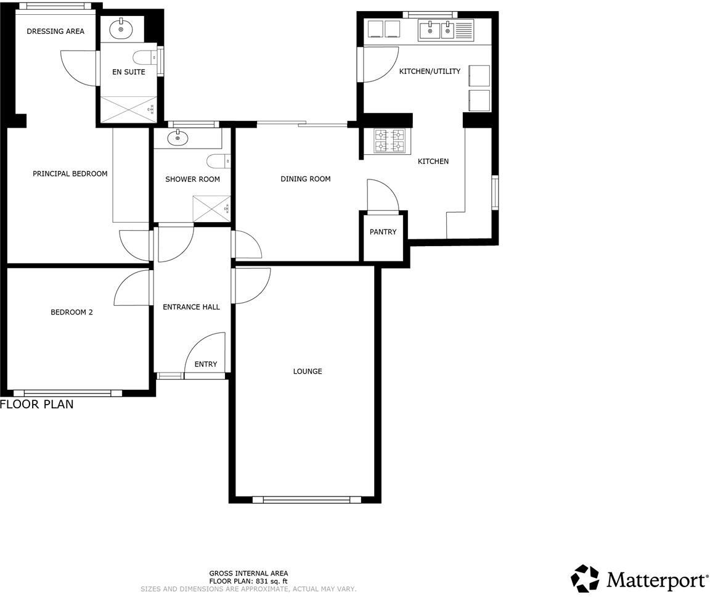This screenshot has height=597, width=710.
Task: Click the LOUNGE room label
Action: (307, 371)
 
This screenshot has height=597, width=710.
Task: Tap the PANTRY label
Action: (383, 232)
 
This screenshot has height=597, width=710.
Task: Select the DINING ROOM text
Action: (305, 179)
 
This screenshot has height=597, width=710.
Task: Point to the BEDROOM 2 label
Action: (71, 312)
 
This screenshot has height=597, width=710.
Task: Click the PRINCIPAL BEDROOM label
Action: (70, 173)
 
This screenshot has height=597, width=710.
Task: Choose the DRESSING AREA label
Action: (55, 31)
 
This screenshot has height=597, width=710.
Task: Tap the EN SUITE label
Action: (128, 72)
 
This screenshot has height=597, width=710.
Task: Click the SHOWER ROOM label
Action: (192, 179)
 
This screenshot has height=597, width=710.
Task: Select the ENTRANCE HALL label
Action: (191, 307)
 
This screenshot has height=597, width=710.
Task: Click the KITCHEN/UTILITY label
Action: (430, 72)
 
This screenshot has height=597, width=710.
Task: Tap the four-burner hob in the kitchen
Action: (390, 140)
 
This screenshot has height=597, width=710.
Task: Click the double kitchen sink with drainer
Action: (446, 30)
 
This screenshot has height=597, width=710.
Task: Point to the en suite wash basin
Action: (121, 28)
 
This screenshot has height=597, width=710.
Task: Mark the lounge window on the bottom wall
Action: (306, 500)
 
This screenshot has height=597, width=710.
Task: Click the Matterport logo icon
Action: (584, 578)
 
